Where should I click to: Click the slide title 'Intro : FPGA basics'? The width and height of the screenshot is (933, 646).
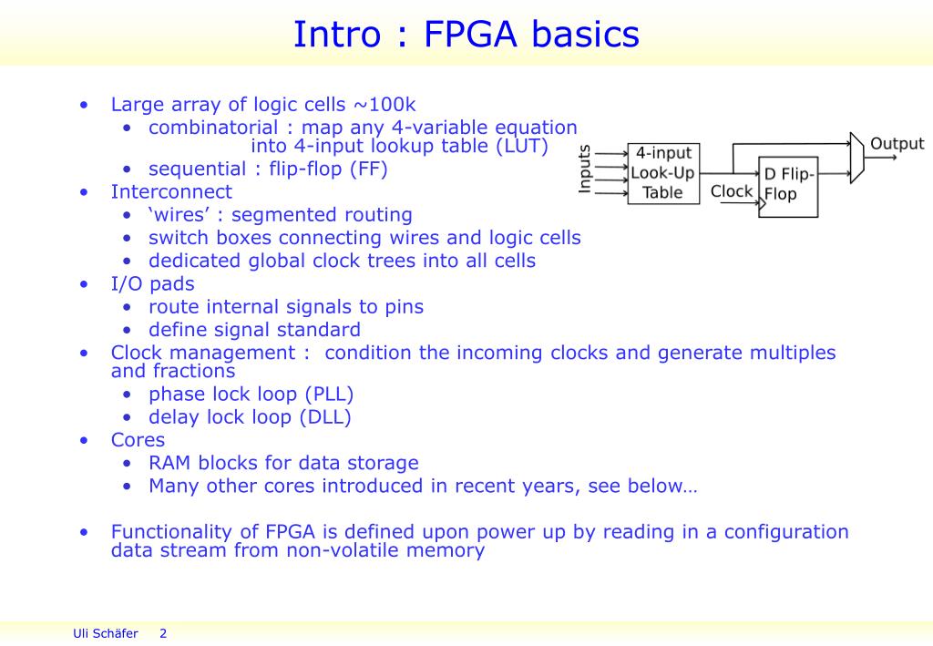point(466,35)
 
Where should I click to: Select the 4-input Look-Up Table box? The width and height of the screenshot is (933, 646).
point(663,173)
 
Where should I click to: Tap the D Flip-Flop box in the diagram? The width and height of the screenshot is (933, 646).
point(788,185)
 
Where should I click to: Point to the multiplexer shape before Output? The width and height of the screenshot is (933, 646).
point(856,159)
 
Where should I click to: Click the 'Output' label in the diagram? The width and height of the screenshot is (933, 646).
point(897,144)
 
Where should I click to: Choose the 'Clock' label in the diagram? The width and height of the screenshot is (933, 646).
point(732,191)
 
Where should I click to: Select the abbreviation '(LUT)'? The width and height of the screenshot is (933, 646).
point(522,146)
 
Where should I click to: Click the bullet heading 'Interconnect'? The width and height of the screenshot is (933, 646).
point(171,191)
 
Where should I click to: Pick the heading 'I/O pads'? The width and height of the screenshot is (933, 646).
point(152,283)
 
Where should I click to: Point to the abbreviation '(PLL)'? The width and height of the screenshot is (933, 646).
point(328,395)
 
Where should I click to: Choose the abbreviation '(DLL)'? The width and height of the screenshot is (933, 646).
point(326,417)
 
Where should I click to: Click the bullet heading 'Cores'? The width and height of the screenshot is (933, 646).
point(138,440)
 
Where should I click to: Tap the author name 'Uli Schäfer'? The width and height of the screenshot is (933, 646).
point(105,633)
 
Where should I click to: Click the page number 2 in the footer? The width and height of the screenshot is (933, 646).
point(163,633)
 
